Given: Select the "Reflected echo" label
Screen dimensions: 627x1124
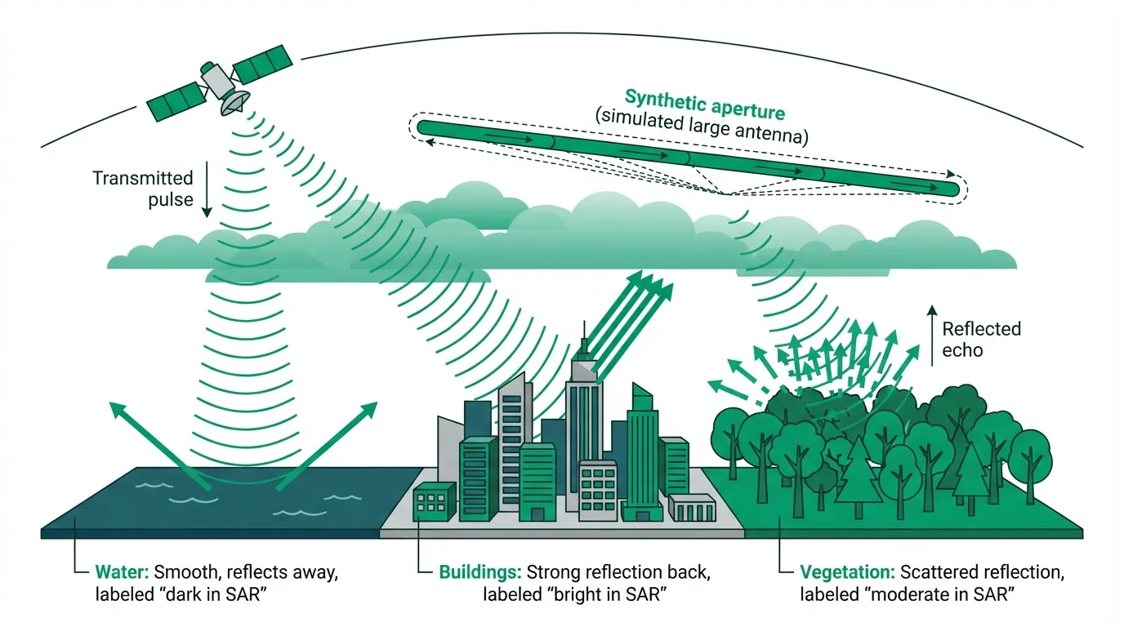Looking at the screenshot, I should point(981,339).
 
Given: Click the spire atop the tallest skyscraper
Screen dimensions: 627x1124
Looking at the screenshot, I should point(585,334).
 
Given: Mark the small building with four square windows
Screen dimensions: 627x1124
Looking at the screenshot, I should point(435,500).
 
